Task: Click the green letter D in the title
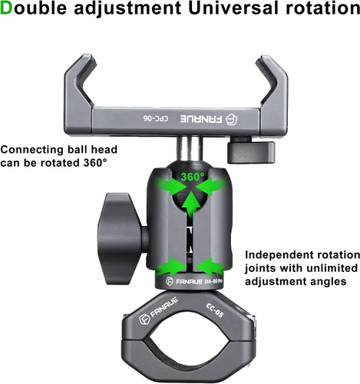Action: click(x=6, y=8)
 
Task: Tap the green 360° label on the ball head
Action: click(x=193, y=177)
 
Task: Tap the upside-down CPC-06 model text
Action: click(x=156, y=118)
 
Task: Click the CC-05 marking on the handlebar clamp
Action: click(x=215, y=310)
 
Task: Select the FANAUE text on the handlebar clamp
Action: click(x=164, y=307)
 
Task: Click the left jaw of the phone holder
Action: click(x=78, y=94)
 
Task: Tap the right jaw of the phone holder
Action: click(x=272, y=94)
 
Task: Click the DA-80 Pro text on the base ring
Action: click(x=213, y=281)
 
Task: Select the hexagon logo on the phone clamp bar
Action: click(x=231, y=119)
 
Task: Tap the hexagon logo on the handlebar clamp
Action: click(x=144, y=319)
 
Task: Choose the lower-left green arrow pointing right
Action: click(x=170, y=266)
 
